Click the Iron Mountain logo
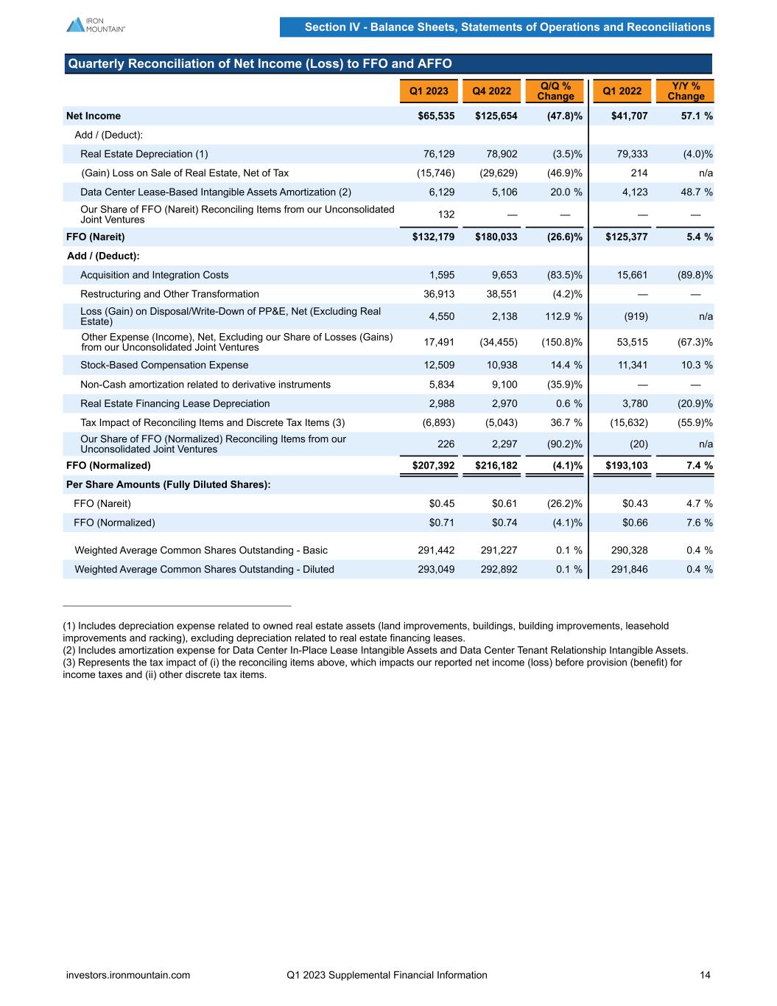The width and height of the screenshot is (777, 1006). tap(96, 24)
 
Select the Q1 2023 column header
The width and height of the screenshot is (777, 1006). tap(429, 91)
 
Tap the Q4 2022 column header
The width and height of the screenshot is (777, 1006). tap(491, 91)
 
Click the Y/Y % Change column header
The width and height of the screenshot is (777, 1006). tap(686, 91)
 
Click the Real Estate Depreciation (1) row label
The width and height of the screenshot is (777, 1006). tap(144, 154)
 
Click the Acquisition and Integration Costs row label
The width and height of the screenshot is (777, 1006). tap(155, 275)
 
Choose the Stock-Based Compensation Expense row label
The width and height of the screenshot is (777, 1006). tap(164, 365)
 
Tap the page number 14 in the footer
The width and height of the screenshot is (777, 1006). tap(705, 975)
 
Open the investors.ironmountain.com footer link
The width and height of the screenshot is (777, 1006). tap(128, 975)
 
